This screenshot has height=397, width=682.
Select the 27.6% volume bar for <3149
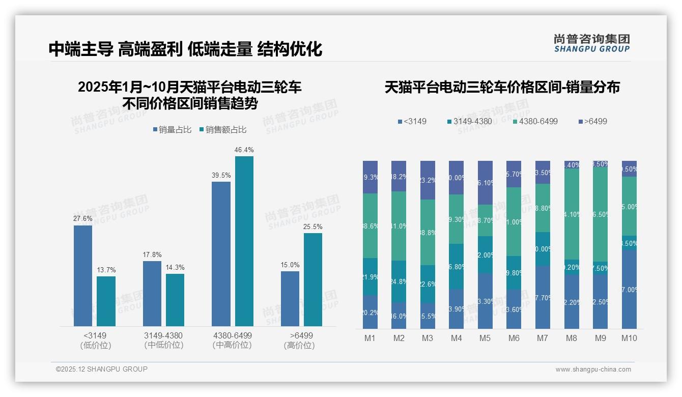[x=83, y=275]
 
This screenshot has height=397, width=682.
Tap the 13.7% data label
[x=106, y=270]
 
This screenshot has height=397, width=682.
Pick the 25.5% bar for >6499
[x=313, y=279]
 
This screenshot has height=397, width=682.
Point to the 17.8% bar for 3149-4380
[x=152, y=293]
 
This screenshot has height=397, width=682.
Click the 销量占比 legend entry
[x=172, y=130]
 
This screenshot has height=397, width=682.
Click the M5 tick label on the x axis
[x=485, y=338]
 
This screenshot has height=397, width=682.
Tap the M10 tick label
[x=629, y=338]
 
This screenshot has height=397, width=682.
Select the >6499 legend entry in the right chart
[x=593, y=122]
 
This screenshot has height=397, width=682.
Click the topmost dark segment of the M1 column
[x=370, y=177]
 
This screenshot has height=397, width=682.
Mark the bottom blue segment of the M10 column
[x=629, y=289]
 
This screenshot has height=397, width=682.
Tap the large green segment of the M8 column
[x=572, y=214]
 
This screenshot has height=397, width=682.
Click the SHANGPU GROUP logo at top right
[x=591, y=43]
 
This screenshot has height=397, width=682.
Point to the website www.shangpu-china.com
[x=593, y=370]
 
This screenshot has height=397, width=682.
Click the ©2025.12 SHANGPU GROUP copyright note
[x=102, y=369]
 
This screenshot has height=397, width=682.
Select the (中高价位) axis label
[x=232, y=345]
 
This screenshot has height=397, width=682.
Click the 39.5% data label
[x=221, y=176]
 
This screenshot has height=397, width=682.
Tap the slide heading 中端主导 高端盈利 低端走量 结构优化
[x=185, y=49]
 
